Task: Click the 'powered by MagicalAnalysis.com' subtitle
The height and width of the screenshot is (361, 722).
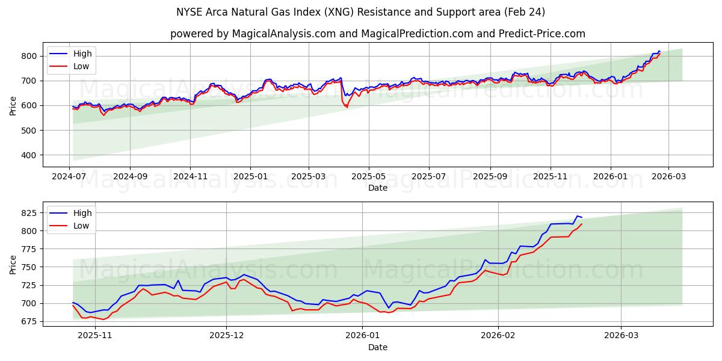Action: coord(377,34)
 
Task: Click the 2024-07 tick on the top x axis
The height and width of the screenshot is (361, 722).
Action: coord(70,176)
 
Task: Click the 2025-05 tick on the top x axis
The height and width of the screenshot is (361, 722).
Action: coord(368,176)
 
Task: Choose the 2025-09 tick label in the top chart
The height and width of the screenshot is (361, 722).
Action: coord(490,176)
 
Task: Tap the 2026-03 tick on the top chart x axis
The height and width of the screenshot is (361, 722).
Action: coord(668,176)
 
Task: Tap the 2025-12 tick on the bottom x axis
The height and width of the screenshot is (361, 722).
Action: coord(227,335)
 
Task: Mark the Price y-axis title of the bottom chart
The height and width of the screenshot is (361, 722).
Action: coord(13,264)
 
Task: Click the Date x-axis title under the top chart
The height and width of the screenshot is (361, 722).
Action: coord(377,188)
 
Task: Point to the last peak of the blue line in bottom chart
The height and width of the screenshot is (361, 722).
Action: coord(577,216)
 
